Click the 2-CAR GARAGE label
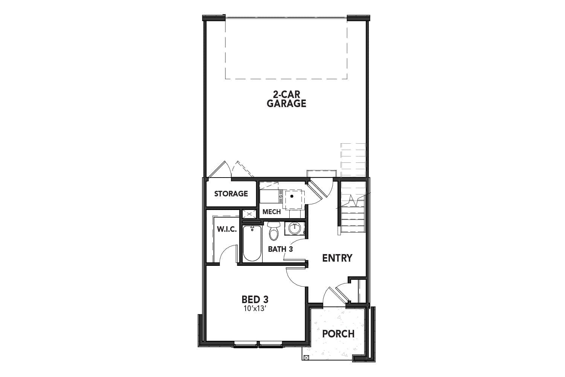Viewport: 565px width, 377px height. [x=286, y=99]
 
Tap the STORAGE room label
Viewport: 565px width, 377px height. [x=231, y=194]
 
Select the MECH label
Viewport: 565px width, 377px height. [x=272, y=212]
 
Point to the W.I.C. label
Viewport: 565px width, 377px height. [x=227, y=229]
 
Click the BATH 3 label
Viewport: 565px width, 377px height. [x=280, y=249]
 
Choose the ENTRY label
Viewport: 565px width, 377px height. [x=337, y=258]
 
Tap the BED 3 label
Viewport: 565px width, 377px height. [x=255, y=300]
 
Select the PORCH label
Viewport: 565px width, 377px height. [x=338, y=334]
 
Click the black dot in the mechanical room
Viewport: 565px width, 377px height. [x=292, y=196]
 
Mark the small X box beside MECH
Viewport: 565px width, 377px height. [x=249, y=214]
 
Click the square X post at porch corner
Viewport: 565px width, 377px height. [x=306, y=357]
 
